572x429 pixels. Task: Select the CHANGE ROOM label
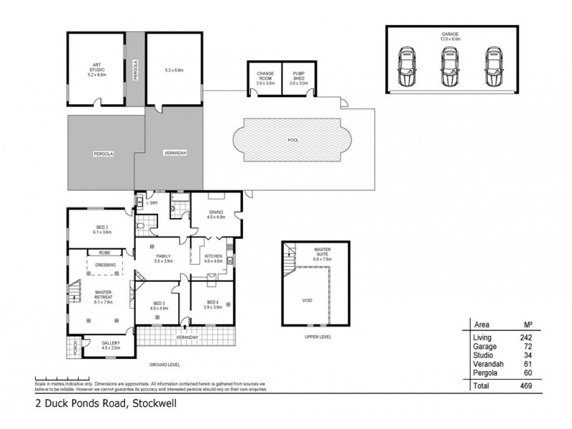265,77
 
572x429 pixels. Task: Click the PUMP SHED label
299,77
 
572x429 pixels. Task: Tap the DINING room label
217,214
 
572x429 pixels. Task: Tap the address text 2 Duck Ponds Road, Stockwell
106,403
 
